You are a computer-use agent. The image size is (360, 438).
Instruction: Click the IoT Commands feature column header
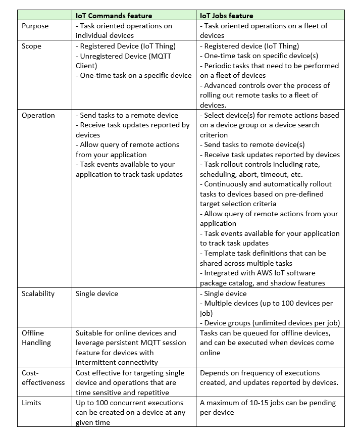tap(114, 16)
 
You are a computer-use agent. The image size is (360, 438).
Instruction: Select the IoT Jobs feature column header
tap(227, 16)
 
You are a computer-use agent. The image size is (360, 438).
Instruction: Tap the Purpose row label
tap(35, 26)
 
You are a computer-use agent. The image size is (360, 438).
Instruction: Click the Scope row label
tap(31, 46)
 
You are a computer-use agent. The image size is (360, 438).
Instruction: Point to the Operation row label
tap(38, 115)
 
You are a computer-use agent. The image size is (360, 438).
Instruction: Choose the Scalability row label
tap(38, 294)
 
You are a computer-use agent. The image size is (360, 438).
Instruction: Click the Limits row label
tap(31, 403)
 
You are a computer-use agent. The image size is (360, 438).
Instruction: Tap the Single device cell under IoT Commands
tap(97, 294)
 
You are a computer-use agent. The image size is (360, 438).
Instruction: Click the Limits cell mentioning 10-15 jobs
tap(268, 408)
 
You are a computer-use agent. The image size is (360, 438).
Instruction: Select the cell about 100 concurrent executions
tap(131, 412)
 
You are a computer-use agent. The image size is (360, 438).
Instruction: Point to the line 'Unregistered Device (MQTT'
tap(125, 56)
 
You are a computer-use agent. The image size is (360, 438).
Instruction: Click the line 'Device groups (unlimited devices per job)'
tap(270, 323)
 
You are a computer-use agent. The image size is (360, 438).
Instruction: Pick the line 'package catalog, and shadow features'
tap(262, 283)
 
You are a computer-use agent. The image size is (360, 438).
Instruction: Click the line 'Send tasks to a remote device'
tap(127, 115)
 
